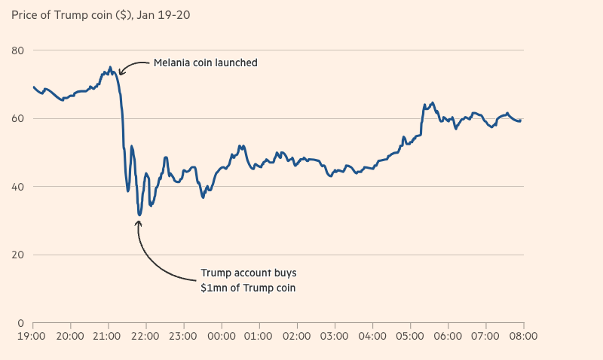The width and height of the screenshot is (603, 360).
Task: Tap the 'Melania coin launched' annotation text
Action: pyautogui.click(x=206, y=63)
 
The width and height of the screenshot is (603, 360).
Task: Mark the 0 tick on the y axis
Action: pyautogui.click(x=20, y=323)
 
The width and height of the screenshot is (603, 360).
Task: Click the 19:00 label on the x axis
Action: pyautogui.click(x=32, y=337)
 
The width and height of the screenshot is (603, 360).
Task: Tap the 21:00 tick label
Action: pyautogui.click(x=107, y=337)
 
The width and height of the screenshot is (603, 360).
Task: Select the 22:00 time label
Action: pyautogui.click(x=145, y=337)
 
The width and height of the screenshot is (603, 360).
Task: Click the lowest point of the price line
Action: pyautogui.click(x=139, y=215)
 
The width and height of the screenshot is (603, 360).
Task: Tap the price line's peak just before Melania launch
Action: pyautogui.click(x=110, y=67)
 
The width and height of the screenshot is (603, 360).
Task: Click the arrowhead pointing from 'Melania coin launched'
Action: pyautogui.click(x=121, y=73)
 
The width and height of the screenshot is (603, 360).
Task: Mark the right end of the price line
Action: pyautogui.click(x=521, y=121)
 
